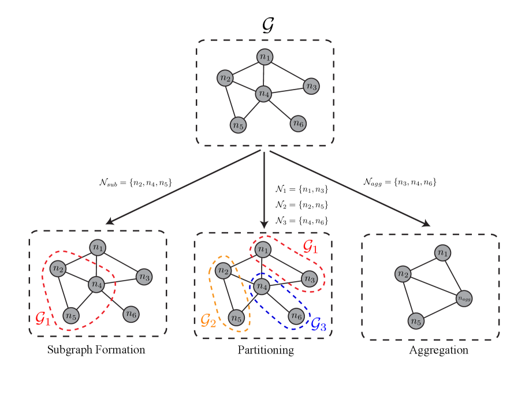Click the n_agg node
pyautogui.click(x=464, y=299)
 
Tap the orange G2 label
pyautogui.click(x=208, y=321)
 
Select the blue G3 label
pyautogui.click(x=318, y=325)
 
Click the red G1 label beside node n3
pyautogui.click(x=311, y=247)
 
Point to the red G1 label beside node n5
pyautogui.click(x=43, y=318)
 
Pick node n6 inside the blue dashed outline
pyautogui.click(x=296, y=316)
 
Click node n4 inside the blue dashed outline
pyautogui.click(x=262, y=286)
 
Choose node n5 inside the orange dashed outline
pyautogui.click(x=236, y=318)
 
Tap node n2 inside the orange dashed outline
pyautogui.click(x=223, y=270)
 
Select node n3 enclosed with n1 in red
pyautogui.click(x=310, y=279)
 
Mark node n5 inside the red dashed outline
pyautogui.click(x=70, y=315)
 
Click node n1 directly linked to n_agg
pyautogui.click(x=442, y=252)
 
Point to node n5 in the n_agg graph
pyautogui.click(x=416, y=321)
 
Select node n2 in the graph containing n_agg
pyautogui.click(x=403, y=274)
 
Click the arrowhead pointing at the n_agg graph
pyautogui.click(x=426, y=224)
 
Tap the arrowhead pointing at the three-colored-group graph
pyautogui.click(x=264, y=224)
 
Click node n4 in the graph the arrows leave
pyautogui.click(x=264, y=93)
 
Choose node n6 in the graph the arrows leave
pyautogui.click(x=297, y=123)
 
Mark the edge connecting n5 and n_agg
pyautogui.click(x=440, y=310)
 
